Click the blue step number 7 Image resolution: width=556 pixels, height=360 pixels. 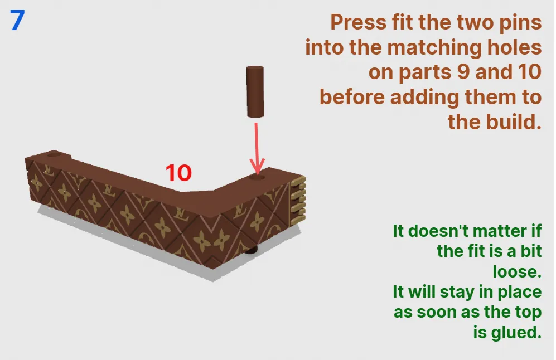(17, 20)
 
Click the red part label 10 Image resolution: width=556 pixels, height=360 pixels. (178, 173)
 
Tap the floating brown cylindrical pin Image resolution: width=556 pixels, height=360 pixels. (255, 91)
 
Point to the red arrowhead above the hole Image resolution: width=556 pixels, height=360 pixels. (257, 166)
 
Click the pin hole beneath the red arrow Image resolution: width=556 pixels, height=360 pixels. (257, 176)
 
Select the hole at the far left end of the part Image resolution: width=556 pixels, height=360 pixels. (54, 154)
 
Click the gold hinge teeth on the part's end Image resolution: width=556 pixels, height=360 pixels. (298, 200)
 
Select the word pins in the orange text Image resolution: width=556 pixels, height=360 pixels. (520, 23)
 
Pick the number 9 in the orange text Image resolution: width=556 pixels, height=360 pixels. (463, 72)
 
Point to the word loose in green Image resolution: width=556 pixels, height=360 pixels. (518, 272)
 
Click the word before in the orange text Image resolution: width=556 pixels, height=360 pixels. (352, 97)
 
